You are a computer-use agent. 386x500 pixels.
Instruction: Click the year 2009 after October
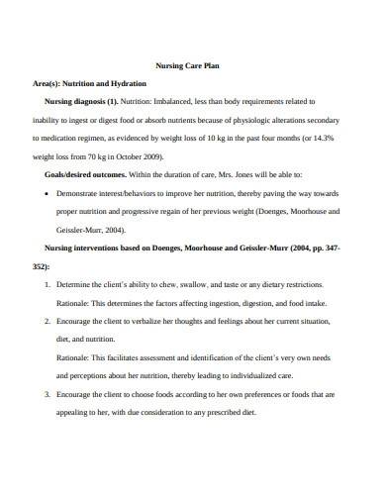point(151,157)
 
